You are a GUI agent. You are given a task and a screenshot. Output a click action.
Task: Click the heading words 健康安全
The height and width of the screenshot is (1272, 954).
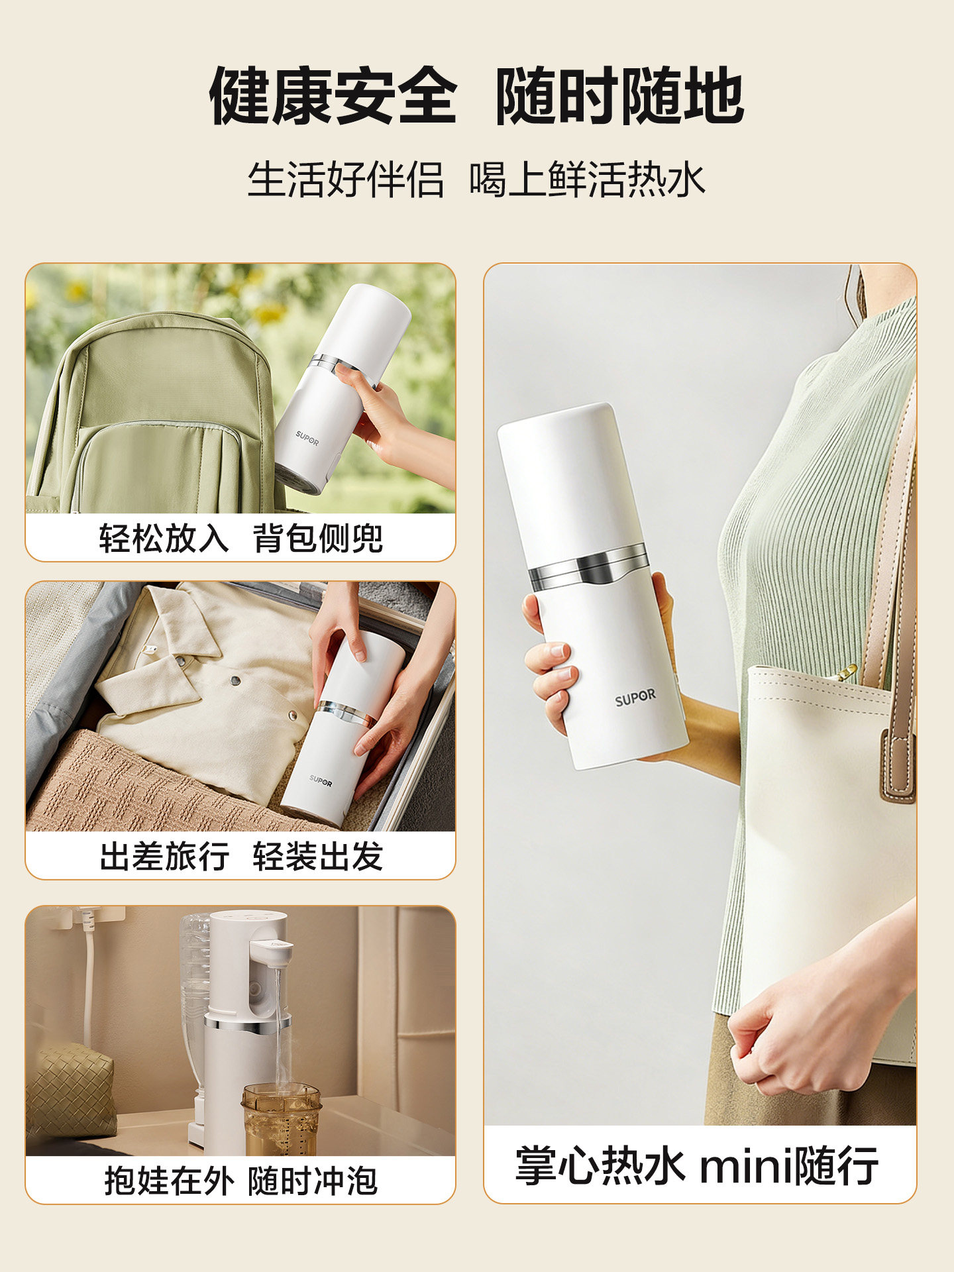pyautogui.click(x=333, y=96)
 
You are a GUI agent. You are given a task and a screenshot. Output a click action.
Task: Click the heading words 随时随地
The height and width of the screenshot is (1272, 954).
pyautogui.click(x=619, y=96)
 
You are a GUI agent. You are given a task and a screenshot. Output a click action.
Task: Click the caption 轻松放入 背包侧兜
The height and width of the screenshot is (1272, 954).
pyautogui.click(x=240, y=537)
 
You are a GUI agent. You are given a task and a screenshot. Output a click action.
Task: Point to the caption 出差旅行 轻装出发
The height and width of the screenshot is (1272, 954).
pyautogui.click(x=240, y=856)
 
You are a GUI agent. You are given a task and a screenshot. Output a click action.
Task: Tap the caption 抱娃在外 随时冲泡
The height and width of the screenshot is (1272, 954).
pyautogui.click(x=240, y=1181)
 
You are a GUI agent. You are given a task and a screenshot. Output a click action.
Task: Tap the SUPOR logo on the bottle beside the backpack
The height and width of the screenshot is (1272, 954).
pyautogui.click(x=307, y=438)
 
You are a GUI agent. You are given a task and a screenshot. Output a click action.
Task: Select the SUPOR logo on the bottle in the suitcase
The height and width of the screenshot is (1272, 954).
pyautogui.click(x=321, y=781)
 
